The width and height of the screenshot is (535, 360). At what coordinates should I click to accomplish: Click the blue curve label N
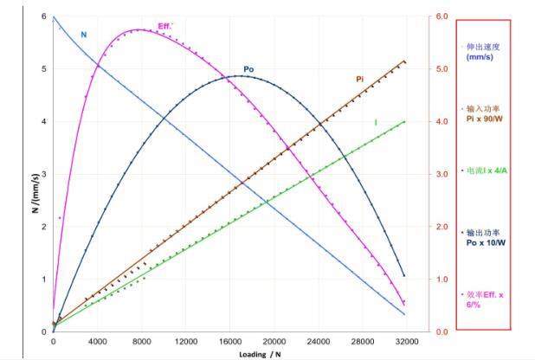[x=84, y=34]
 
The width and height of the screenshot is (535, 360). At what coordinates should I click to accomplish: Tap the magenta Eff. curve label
[x=165, y=25]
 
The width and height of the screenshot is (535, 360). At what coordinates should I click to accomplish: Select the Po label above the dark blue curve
[x=248, y=69]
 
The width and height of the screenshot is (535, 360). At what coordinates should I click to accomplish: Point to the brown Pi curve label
[x=359, y=79]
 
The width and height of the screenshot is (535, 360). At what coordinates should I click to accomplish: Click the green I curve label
[x=375, y=122]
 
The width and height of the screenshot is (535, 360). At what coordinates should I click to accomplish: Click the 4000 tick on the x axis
[x=97, y=341]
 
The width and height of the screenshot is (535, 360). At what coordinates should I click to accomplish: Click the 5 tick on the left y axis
[x=43, y=69]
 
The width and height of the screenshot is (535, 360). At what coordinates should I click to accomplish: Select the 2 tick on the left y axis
[x=43, y=227]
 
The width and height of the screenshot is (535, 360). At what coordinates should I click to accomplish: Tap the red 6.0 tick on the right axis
[x=442, y=16]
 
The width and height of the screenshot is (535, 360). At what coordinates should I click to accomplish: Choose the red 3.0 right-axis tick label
[x=442, y=174]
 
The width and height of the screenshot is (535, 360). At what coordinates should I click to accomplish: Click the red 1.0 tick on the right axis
[x=442, y=279]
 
